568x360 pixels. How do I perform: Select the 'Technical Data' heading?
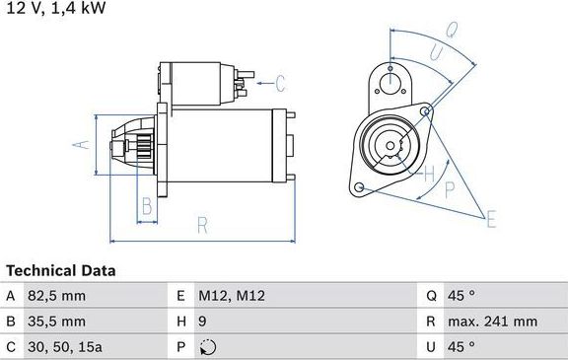click(60, 270)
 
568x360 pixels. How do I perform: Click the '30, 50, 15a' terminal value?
click(66, 346)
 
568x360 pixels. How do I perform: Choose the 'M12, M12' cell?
click(232, 296)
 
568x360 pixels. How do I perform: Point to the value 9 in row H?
click(203, 322)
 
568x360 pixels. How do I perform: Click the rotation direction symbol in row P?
click(205, 346)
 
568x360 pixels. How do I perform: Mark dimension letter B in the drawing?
click(146, 206)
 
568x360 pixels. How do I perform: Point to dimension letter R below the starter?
click(201, 225)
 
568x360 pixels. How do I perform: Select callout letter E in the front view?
click(491, 219)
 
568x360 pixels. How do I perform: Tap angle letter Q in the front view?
click(450, 31)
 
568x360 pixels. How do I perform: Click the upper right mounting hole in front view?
click(426, 112)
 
